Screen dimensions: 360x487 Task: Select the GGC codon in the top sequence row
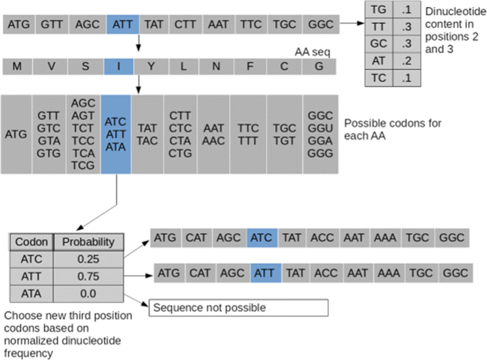pyautogui.click(x=321, y=24)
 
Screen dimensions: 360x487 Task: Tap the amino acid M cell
pyautogui.click(x=17, y=67)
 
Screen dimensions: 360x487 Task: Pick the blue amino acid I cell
pyautogui.click(x=119, y=67)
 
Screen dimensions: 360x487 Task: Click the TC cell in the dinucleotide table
pyautogui.click(x=380, y=78)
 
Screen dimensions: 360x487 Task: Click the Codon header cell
pyautogui.click(x=31, y=242)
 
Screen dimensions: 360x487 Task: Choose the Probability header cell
pyautogui.click(x=89, y=242)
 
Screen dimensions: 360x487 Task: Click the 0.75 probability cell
pyautogui.click(x=89, y=275)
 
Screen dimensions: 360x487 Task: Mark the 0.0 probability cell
pyautogui.click(x=89, y=292)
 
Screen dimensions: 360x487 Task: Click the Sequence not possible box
pyautogui.click(x=238, y=307)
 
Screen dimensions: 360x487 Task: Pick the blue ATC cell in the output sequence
pyautogui.click(x=262, y=238)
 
